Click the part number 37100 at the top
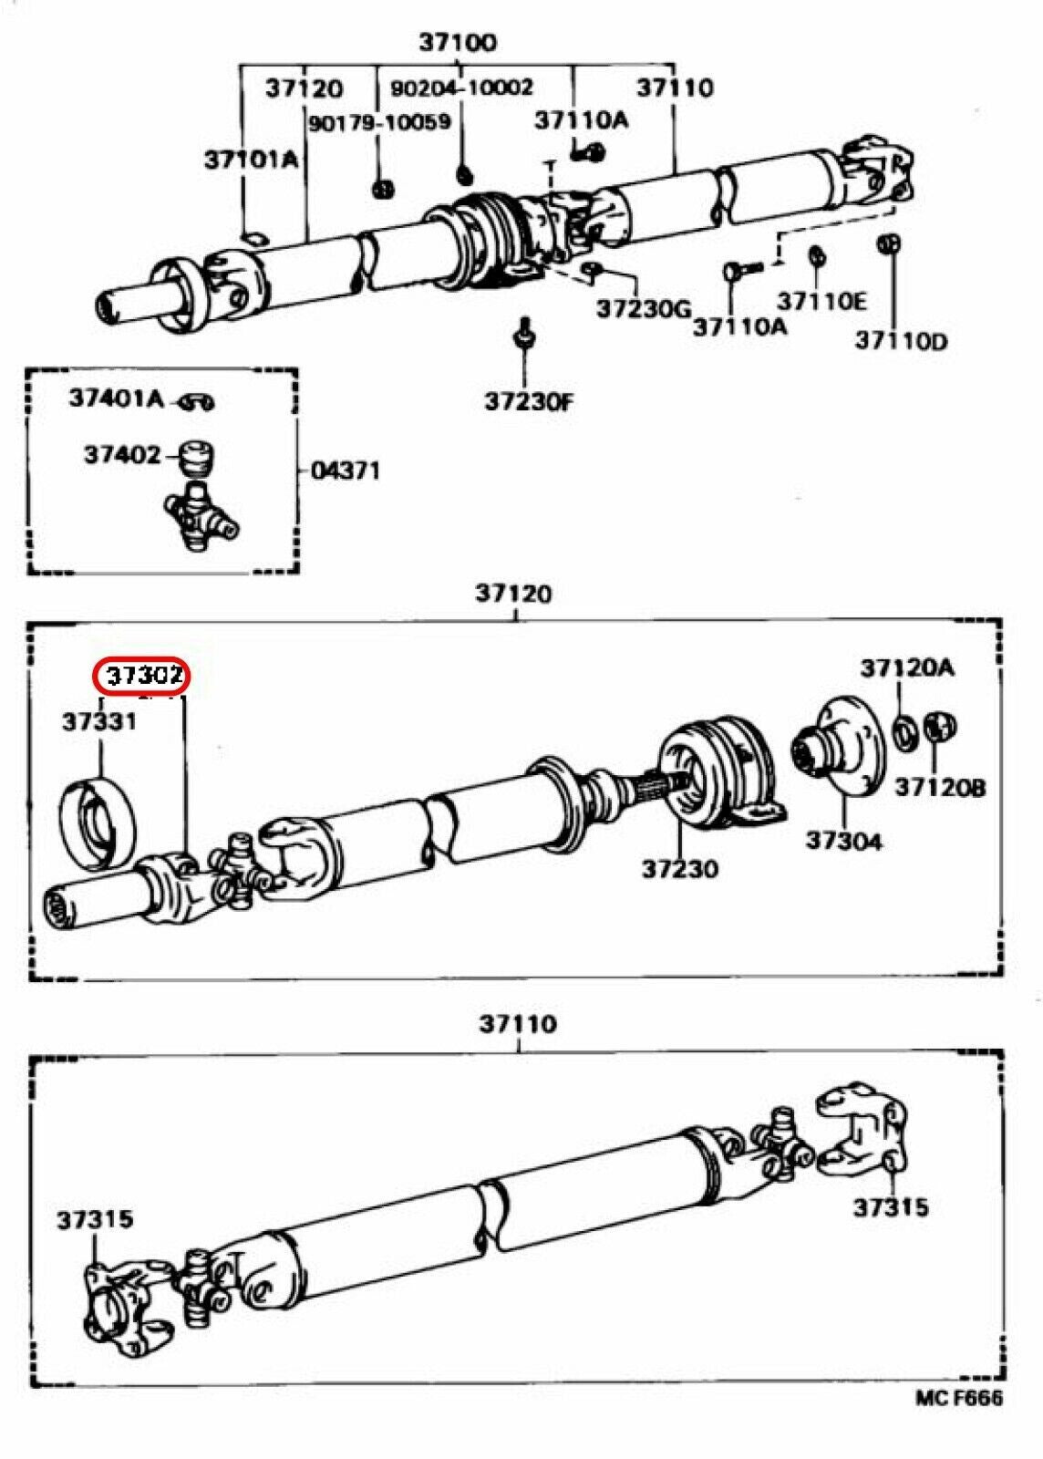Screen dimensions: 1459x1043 click(x=458, y=42)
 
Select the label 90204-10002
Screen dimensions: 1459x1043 click(x=461, y=88)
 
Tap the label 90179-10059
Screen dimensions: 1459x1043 click(x=378, y=122)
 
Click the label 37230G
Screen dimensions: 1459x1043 click(x=645, y=309)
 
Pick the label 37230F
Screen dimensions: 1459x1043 click(x=529, y=401)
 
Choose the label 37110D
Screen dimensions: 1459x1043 click(x=901, y=341)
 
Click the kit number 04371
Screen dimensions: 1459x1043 click(x=346, y=471)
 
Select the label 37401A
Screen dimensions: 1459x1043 click(x=116, y=398)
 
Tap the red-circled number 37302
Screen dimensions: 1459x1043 click(x=145, y=676)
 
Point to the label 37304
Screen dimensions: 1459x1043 click(x=843, y=840)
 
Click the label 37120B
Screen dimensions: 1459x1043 click(x=939, y=786)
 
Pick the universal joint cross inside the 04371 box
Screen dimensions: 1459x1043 click(x=200, y=517)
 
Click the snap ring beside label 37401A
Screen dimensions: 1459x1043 click(x=196, y=401)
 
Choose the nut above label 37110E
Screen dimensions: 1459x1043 click(x=818, y=254)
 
